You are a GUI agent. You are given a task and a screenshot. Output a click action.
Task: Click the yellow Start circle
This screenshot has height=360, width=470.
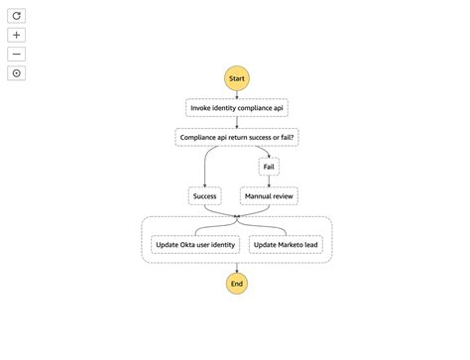pos(236,78)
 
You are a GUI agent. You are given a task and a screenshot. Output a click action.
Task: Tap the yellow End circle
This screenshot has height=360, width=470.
pos(236,284)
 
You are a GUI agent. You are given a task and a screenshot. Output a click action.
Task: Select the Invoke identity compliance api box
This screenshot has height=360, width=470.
pos(236,107)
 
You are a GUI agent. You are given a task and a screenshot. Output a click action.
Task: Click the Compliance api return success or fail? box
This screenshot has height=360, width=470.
pos(236,137)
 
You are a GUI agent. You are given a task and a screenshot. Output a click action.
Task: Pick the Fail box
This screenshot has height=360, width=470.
pos(269,166)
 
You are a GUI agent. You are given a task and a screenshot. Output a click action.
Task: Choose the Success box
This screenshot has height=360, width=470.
pos(204,195)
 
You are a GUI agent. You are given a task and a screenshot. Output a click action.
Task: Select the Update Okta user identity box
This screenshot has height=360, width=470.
pos(195,244)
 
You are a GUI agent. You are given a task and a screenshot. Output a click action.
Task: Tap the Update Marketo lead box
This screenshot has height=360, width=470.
pos(286,244)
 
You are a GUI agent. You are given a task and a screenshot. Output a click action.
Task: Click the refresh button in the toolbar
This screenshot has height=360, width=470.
pos(17,16)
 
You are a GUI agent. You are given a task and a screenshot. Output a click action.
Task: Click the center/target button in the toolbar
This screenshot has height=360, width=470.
pos(17,72)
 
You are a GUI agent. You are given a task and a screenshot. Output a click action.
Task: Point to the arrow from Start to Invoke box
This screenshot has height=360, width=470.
pos(236,94)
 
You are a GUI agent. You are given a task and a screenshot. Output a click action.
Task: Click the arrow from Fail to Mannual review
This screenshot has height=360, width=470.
pos(269,180)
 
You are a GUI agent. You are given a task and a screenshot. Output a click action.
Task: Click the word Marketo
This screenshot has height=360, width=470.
pos(290,244)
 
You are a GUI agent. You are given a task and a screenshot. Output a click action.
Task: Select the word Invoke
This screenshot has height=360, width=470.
pos(202,107)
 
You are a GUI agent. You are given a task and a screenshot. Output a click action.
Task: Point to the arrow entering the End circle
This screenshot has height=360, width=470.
pos(236,267)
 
